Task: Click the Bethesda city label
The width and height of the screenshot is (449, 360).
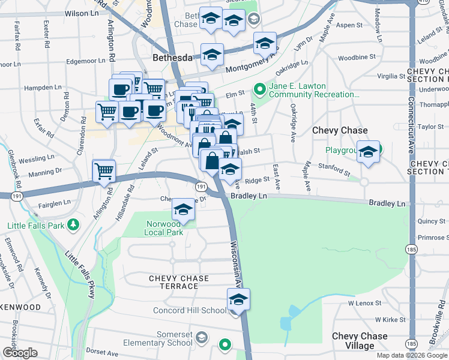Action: [x=172, y=58]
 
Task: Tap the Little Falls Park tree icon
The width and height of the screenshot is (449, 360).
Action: [x=73, y=225]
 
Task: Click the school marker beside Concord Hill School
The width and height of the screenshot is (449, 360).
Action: [x=238, y=299]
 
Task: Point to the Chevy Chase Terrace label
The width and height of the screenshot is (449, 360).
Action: [x=179, y=282]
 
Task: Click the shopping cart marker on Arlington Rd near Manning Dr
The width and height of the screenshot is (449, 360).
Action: [x=104, y=170]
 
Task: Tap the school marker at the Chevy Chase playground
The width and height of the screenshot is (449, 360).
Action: [x=368, y=152]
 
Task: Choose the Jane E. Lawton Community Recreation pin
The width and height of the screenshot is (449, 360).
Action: [x=259, y=91]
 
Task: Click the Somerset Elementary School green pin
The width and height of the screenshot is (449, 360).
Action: [x=225, y=344]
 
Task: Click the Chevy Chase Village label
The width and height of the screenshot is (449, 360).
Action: [x=360, y=341]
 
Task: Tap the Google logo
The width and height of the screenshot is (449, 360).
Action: [x=20, y=353]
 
